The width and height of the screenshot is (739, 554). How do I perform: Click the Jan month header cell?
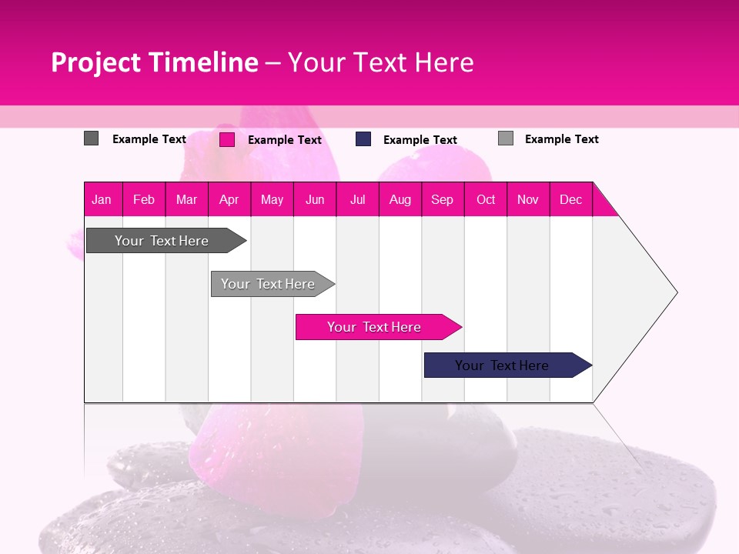click(102, 199)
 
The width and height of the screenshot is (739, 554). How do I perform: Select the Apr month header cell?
click(229, 199)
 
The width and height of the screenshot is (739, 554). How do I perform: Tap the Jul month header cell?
click(357, 199)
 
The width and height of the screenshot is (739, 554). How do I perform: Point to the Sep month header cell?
click(443, 199)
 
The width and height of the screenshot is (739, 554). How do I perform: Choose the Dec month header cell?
click(570, 199)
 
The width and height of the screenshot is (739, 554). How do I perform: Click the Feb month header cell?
click(144, 199)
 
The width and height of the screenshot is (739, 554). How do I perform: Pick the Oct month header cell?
click(486, 199)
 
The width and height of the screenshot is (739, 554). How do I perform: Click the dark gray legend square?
click(91, 138)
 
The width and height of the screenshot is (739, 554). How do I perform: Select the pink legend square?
click(227, 139)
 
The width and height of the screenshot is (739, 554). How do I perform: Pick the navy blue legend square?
click(363, 139)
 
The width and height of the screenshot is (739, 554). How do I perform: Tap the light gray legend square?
click(506, 138)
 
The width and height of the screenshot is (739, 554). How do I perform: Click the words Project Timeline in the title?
click(154, 62)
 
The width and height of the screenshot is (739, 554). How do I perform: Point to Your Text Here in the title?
click(380, 62)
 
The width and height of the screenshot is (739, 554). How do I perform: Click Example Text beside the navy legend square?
click(420, 140)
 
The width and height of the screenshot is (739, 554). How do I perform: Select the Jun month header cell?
click(315, 199)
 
